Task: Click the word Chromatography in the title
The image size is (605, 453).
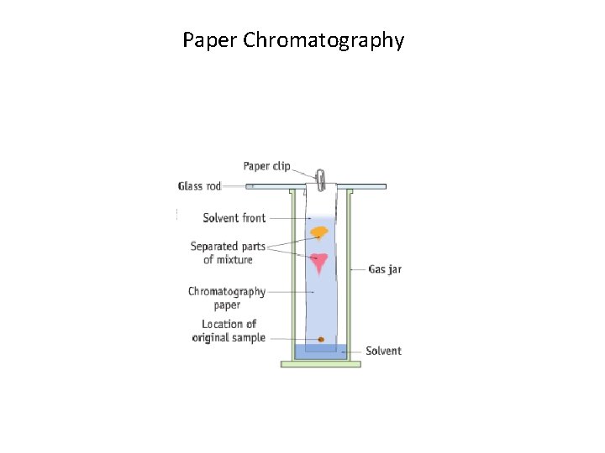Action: click(324, 40)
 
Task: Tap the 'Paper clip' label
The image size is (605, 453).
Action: click(266, 166)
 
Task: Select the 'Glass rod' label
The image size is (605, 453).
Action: click(199, 186)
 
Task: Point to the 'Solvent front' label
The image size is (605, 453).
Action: click(234, 218)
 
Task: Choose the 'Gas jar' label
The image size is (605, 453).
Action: click(385, 269)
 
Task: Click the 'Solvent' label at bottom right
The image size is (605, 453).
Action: click(383, 351)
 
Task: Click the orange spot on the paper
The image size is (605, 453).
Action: click(319, 232)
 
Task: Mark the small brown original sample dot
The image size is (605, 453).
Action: click(320, 339)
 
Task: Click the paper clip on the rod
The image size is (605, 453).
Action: click(320, 179)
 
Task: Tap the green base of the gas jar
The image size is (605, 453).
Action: click(320, 364)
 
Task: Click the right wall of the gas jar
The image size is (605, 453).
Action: click(349, 277)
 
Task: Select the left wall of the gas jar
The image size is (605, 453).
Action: click(292, 277)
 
